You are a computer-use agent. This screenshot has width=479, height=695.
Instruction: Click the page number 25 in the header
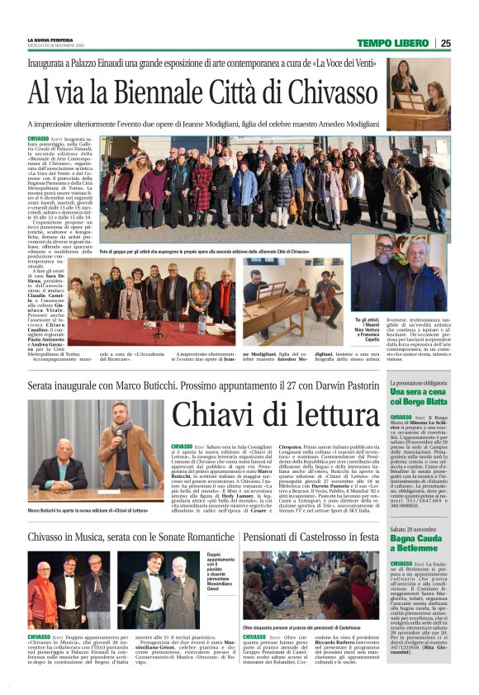[445, 43]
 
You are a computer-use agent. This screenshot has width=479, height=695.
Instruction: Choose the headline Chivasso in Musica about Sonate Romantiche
[132, 537]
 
